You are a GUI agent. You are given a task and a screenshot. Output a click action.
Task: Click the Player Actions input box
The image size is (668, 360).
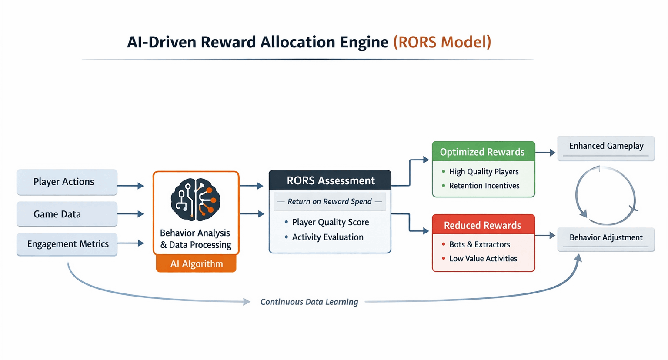(67, 182)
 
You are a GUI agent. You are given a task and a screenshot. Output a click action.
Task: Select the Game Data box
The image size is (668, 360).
(67, 214)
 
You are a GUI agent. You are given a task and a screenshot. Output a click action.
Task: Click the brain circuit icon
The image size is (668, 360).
(196, 200)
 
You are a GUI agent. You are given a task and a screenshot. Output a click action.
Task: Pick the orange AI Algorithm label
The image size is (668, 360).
(196, 263)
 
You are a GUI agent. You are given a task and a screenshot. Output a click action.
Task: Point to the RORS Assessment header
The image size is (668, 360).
(330, 180)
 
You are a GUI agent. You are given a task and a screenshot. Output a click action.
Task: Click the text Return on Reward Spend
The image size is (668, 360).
(330, 202)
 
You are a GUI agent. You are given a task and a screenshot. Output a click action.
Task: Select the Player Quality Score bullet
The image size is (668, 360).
(330, 222)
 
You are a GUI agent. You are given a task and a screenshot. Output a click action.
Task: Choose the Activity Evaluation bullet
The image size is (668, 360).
(327, 237)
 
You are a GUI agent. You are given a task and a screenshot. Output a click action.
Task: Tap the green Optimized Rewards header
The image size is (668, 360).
(483, 152)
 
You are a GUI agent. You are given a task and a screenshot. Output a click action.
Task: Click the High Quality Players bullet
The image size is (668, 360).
(484, 172)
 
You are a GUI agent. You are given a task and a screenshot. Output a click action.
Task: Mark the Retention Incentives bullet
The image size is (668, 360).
(484, 186)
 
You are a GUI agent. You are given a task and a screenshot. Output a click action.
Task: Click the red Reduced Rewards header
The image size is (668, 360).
(483, 225)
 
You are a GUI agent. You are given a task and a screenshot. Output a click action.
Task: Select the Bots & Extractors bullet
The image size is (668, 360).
(479, 244)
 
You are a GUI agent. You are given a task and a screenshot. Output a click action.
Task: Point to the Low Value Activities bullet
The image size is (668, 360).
(483, 259)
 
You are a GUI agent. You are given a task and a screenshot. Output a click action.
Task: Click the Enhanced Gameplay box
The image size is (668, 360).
(606, 147)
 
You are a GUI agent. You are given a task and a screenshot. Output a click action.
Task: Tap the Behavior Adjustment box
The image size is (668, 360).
(606, 238)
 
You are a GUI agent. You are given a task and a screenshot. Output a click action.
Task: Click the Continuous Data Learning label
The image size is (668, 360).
(309, 302)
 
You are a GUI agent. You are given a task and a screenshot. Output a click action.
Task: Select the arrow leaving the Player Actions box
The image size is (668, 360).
(130, 186)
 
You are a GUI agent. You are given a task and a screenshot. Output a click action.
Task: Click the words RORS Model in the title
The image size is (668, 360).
(442, 42)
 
